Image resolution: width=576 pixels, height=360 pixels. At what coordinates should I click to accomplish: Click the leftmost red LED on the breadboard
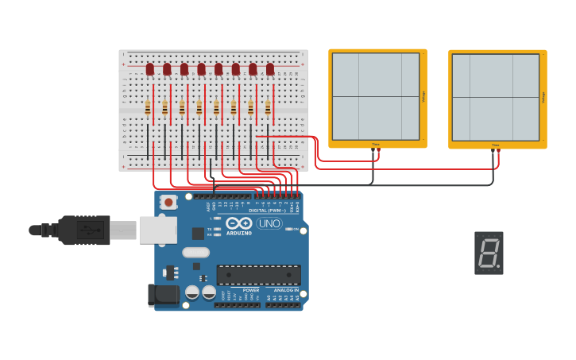pos(149,70)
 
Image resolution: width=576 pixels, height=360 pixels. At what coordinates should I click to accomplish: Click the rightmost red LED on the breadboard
pos(270,70)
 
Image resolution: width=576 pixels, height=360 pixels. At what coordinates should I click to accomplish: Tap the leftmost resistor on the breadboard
pos(148,107)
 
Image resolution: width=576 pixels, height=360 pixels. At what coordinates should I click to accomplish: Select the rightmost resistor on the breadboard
pos(268,107)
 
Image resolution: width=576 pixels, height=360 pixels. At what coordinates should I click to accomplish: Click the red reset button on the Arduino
pos(168,203)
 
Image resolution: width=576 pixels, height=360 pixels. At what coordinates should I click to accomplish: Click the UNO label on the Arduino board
pos(269,223)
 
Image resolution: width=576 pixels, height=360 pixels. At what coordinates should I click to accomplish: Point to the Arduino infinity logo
pos(242,223)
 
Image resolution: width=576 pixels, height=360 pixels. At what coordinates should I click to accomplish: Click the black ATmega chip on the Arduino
pos(259,275)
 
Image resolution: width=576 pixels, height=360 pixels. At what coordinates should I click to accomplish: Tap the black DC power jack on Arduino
pos(164,295)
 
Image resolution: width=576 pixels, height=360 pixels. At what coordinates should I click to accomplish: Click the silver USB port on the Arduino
pos(157,230)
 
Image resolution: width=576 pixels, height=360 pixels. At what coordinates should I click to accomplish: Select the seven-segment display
pos(489,253)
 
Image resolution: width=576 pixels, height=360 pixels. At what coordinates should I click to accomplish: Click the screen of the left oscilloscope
pos(375,96)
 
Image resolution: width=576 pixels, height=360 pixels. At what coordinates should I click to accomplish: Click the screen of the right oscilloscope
pos(495,97)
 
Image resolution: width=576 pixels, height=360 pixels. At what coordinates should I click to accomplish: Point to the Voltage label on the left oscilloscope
pos(423,96)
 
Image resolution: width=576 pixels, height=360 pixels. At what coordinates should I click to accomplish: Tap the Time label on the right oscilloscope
pos(495,145)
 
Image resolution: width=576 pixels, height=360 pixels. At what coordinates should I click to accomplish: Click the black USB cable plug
pos(83,230)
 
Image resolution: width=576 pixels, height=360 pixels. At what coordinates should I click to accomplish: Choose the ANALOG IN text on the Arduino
pos(286,290)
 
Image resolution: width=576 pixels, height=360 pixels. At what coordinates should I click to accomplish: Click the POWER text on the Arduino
pos(251,290)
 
